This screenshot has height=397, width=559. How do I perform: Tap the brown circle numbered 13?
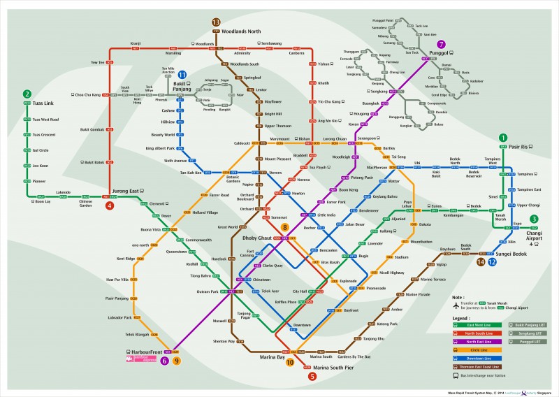pyautogui.click(x=215, y=22)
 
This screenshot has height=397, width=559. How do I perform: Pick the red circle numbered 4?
pyautogui.click(x=110, y=205)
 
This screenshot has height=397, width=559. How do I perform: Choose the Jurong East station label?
pyautogui.click(x=125, y=191)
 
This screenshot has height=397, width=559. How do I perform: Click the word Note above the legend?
pyautogui.click(x=459, y=296)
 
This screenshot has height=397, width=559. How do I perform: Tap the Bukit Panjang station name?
pyautogui.click(x=184, y=87)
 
